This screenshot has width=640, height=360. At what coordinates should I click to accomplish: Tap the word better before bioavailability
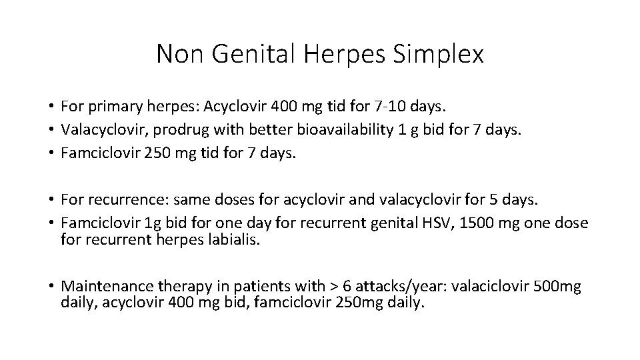point(263,129)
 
